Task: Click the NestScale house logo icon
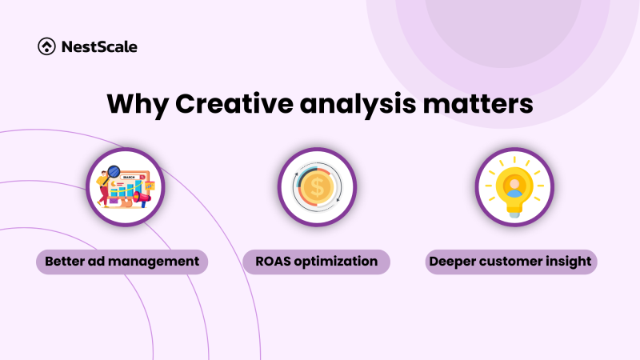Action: coord(46,46)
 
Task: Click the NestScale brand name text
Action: coord(98,46)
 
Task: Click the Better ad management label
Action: coord(122,262)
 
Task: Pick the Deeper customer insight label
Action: coord(512,262)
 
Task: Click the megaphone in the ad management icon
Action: coord(141,197)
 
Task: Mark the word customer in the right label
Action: coord(512,262)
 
